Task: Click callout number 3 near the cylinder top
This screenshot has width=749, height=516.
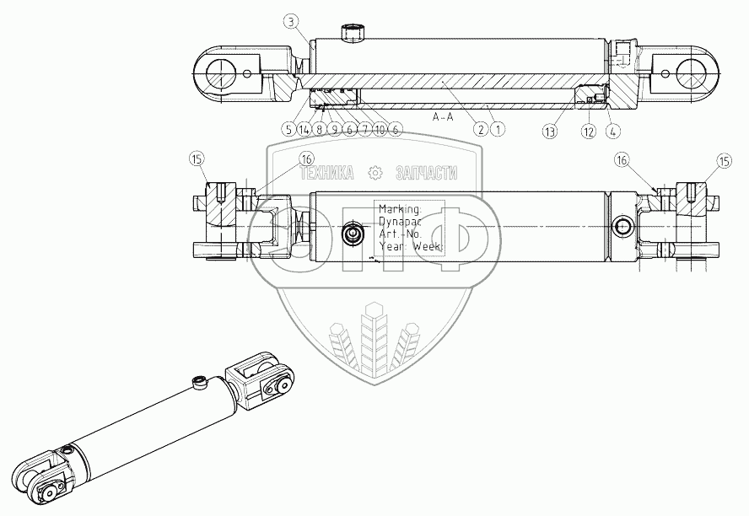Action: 290,19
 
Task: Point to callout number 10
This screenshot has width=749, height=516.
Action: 380,129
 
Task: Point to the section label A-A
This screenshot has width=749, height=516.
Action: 443,117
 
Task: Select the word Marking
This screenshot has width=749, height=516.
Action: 401,208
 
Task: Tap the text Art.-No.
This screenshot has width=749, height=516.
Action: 400,234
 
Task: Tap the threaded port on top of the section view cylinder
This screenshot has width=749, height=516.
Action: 352,34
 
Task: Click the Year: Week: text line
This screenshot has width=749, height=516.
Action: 408,247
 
